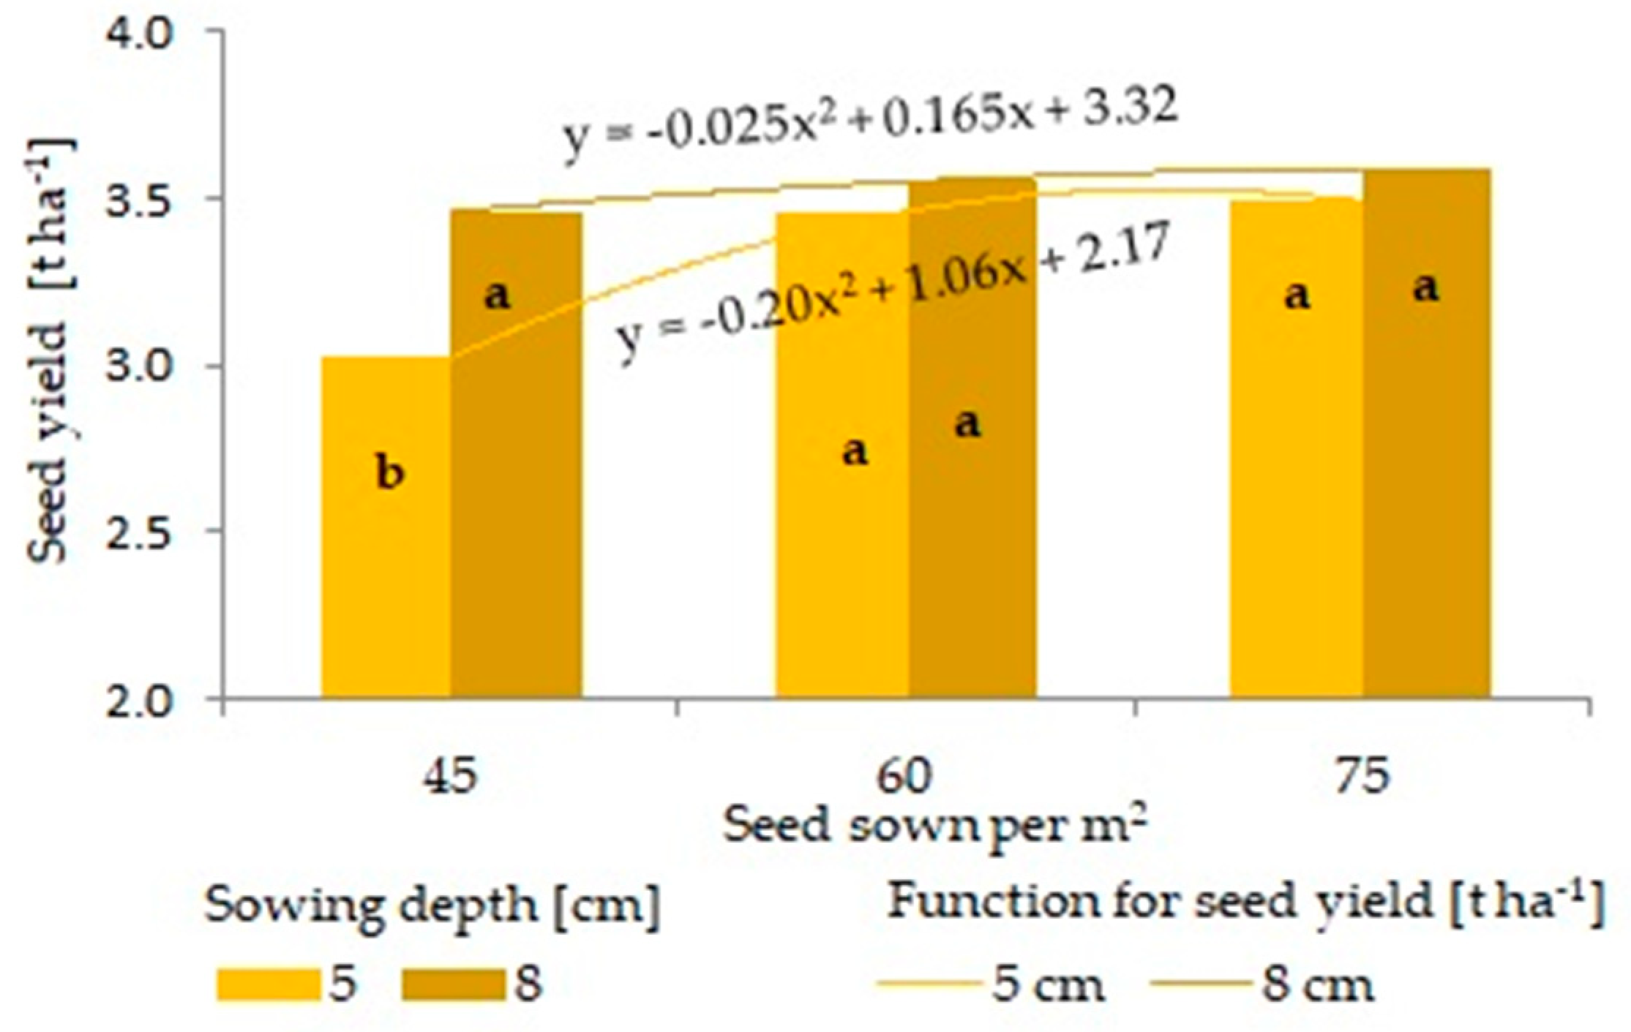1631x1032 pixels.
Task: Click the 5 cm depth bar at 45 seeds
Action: (x=386, y=527)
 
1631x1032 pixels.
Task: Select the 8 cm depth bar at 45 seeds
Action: (x=516, y=453)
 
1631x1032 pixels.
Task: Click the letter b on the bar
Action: (x=389, y=473)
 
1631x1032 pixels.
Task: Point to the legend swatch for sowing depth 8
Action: (x=454, y=984)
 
